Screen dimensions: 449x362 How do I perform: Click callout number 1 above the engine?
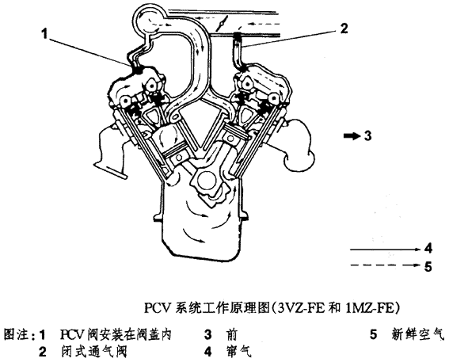pyautogui.click(x=44, y=33)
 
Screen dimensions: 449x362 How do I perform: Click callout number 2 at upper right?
pyautogui.click(x=344, y=29)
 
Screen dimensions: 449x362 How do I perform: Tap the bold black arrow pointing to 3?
pyautogui.click(x=352, y=135)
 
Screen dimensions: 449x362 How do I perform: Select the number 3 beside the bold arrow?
pyautogui.click(x=368, y=135)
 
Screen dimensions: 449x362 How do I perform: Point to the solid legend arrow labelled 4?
pyautogui.click(x=386, y=250)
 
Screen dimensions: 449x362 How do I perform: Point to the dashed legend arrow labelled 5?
pyautogui.click(x=386, y=265)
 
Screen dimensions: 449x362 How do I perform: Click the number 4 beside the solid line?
pyautogui.click(x=428, y=249)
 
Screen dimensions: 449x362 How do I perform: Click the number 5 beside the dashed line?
pyautogui.click(x=428, y=267)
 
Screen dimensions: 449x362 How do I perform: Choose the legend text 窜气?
pyautogui.click(x=238, y=352)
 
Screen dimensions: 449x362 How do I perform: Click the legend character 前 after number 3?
pyautogui.click(x=231, y=334)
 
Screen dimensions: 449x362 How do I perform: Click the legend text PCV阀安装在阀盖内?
pyautogui.click(x=116, y=334)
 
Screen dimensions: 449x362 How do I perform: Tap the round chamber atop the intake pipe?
pyautogui.click(x=150, y=19)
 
